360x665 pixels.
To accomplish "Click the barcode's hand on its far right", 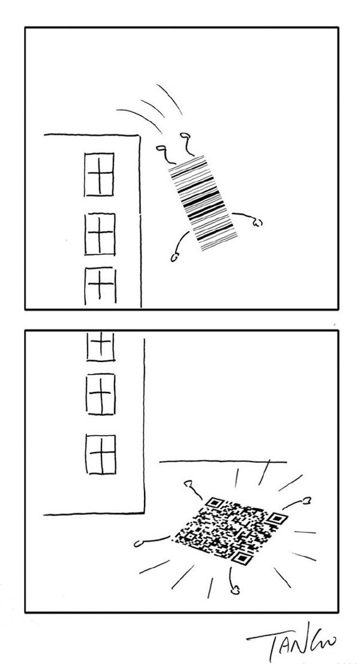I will tap(257, 223).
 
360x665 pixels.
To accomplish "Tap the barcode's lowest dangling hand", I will tap(175, 258).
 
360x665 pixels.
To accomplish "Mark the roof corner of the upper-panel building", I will tap(139, 135).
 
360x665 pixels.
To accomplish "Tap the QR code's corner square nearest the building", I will tap(215, 503).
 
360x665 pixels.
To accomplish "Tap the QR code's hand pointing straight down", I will tap(235, 589).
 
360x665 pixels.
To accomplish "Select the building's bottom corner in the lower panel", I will tap(144, 514).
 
